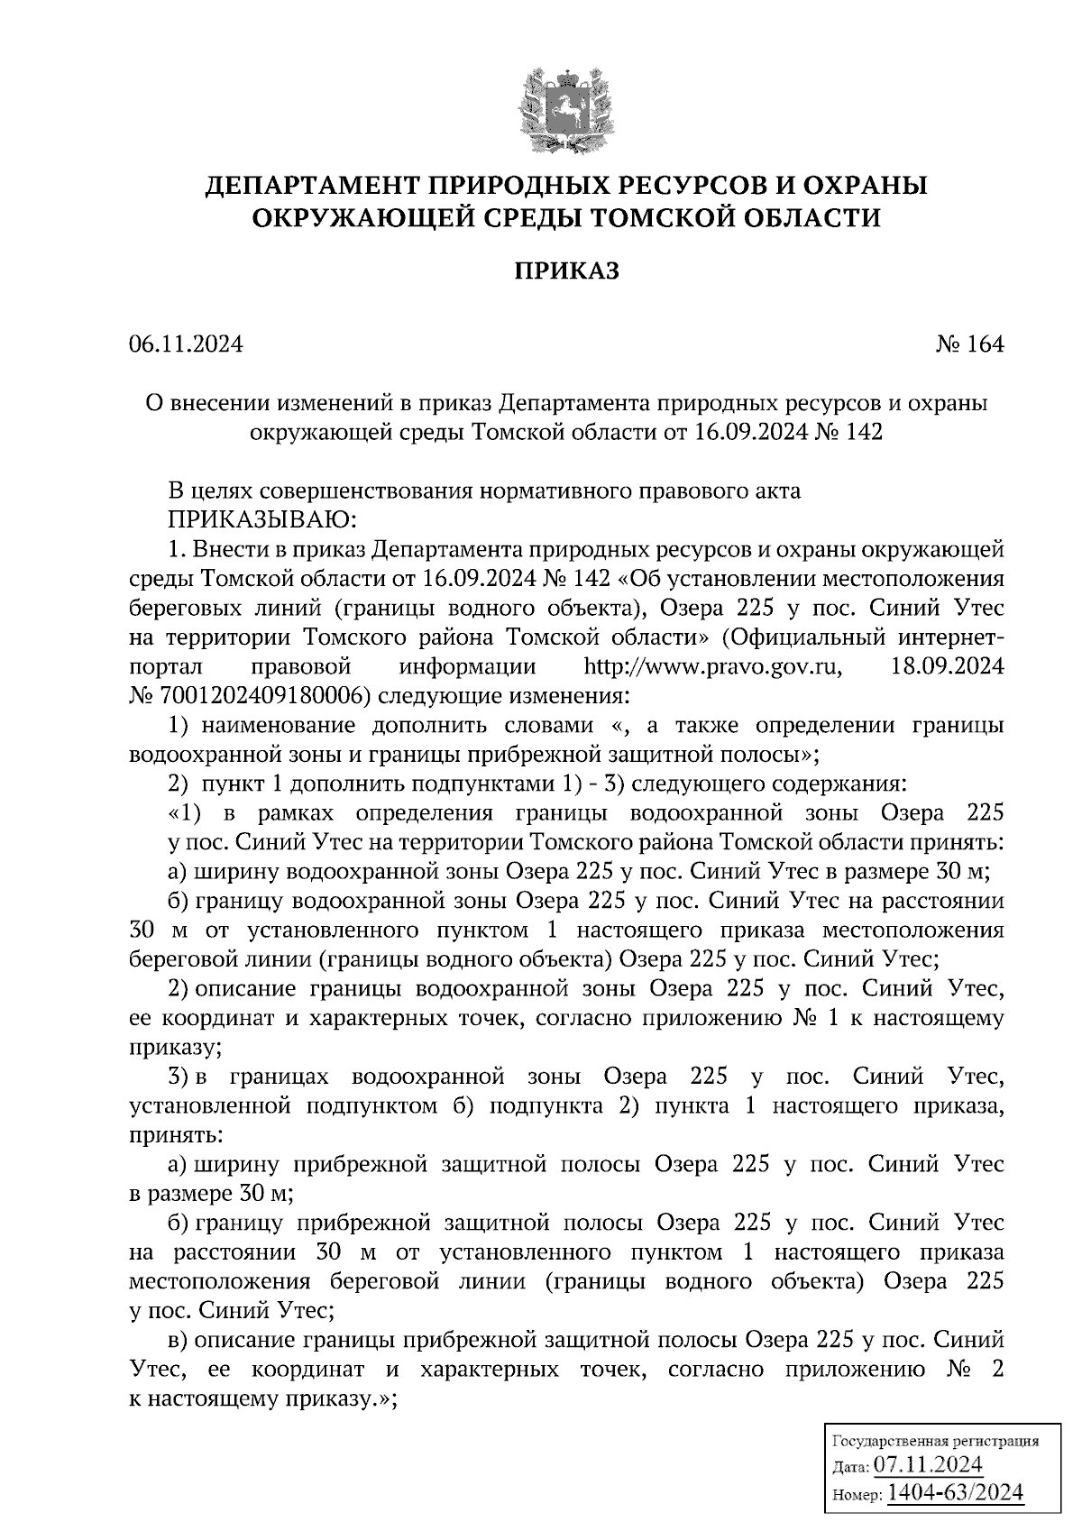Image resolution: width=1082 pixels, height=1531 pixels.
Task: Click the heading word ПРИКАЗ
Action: (566, 271)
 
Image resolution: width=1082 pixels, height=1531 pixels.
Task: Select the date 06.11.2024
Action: (186, 344)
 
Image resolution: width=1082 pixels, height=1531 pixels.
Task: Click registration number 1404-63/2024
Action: (956, 1492)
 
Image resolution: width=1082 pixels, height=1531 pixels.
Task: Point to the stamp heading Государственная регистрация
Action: (934, 1440)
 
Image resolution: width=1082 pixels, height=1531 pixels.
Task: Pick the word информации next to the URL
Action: (467, 667)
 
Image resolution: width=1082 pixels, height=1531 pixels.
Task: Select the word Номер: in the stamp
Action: (855, 1496)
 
